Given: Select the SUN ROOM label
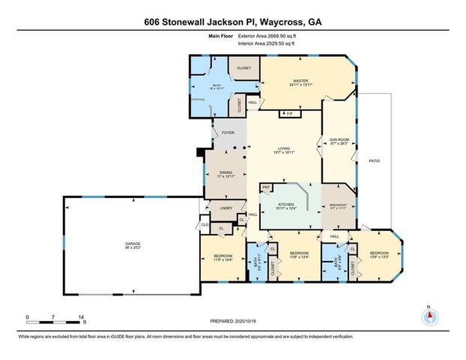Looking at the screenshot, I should click(337, 139).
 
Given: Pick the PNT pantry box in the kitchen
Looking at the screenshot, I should click(265, 187).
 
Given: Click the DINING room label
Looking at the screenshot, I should click(225, 172).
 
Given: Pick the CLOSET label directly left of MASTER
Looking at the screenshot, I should click(243, 68).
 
